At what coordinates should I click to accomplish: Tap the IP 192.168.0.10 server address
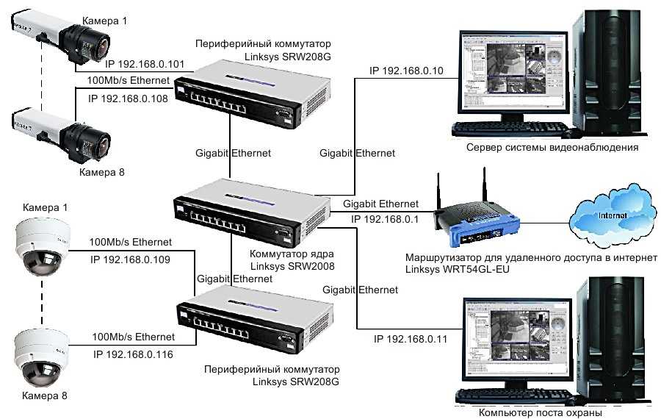pos(405,71)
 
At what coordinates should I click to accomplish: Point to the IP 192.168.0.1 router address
pos(384,218)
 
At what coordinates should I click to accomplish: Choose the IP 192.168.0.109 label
pos(130,259)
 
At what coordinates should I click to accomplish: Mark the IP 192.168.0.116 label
pos(134,354)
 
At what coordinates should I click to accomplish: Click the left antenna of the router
pos(438,193)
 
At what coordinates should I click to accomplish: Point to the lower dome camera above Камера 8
pos(41,359)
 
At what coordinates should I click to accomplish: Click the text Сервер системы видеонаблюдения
pos(552,147)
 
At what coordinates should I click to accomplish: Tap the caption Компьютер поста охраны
pos(540,413)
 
